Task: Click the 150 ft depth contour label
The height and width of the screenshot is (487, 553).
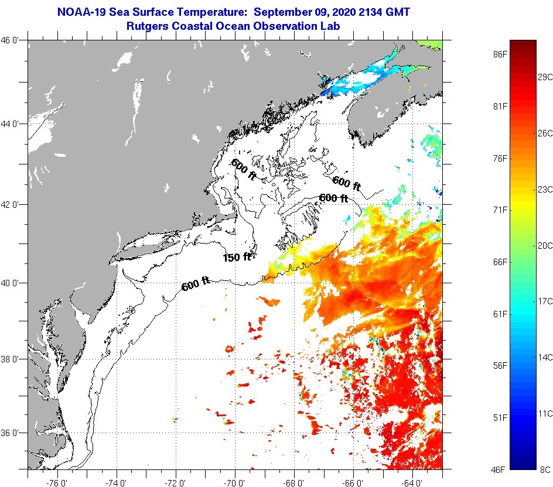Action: coord(237,257)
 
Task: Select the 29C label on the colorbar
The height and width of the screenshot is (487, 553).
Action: coord(545,77)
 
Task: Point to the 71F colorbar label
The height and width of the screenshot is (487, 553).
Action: coord(500,210)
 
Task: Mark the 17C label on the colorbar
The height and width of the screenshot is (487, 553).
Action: coord(545,301)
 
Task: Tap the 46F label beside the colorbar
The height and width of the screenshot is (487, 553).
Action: coord(500,469)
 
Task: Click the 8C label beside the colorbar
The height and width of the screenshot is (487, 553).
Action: coord(545,469)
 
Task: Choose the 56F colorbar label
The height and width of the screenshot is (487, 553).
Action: coord(500,366)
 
